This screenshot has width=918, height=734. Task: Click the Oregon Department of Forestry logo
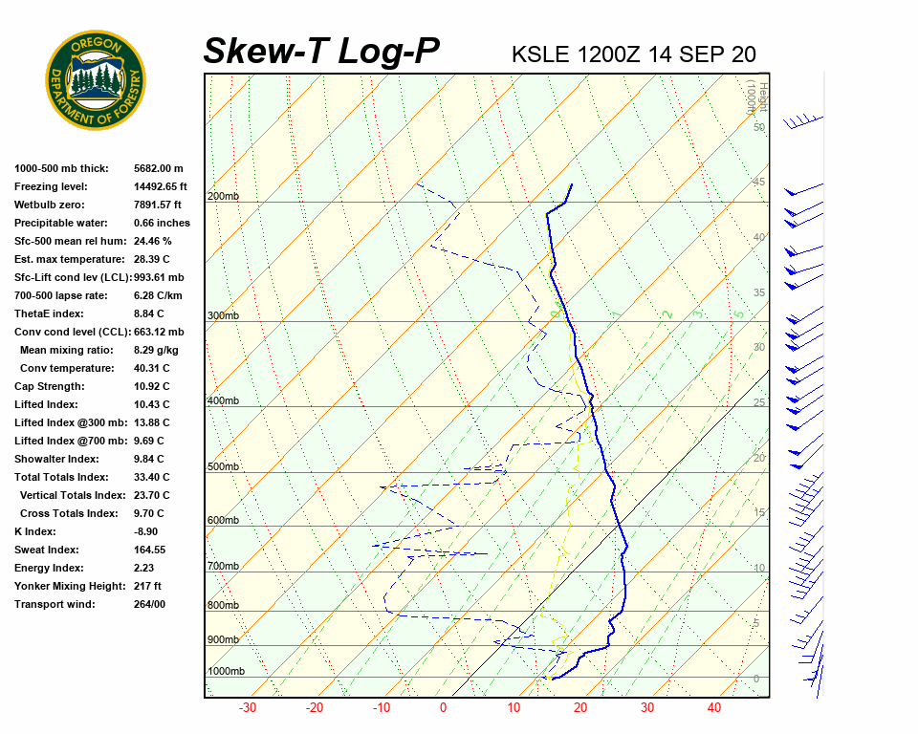(x=96, y=80)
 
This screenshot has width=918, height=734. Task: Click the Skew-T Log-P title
(x=321, y=52)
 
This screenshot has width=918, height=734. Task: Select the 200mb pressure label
(x=223, y=197)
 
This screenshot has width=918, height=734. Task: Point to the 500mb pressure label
(x=223, y=467)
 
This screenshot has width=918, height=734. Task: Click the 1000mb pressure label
(x=226, y=672)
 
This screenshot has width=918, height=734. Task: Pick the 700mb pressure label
(x=223, y=567)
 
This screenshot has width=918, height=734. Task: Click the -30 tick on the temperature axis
(x=247, y=708)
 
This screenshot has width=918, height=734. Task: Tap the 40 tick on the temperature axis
(x=713, y=708)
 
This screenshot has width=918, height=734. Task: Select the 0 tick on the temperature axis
(x=443, y=708)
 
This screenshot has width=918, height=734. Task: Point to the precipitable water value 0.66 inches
(x=162, y=223)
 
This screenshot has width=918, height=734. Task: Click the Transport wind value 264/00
(x=149, y=604)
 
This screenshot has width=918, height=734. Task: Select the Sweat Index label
(x=46, y=550)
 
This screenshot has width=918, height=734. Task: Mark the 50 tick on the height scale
(x=758, y=127)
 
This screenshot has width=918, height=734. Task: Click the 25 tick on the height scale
(x=758, y=403)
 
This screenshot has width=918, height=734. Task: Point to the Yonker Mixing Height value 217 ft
(x=147, y=586)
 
